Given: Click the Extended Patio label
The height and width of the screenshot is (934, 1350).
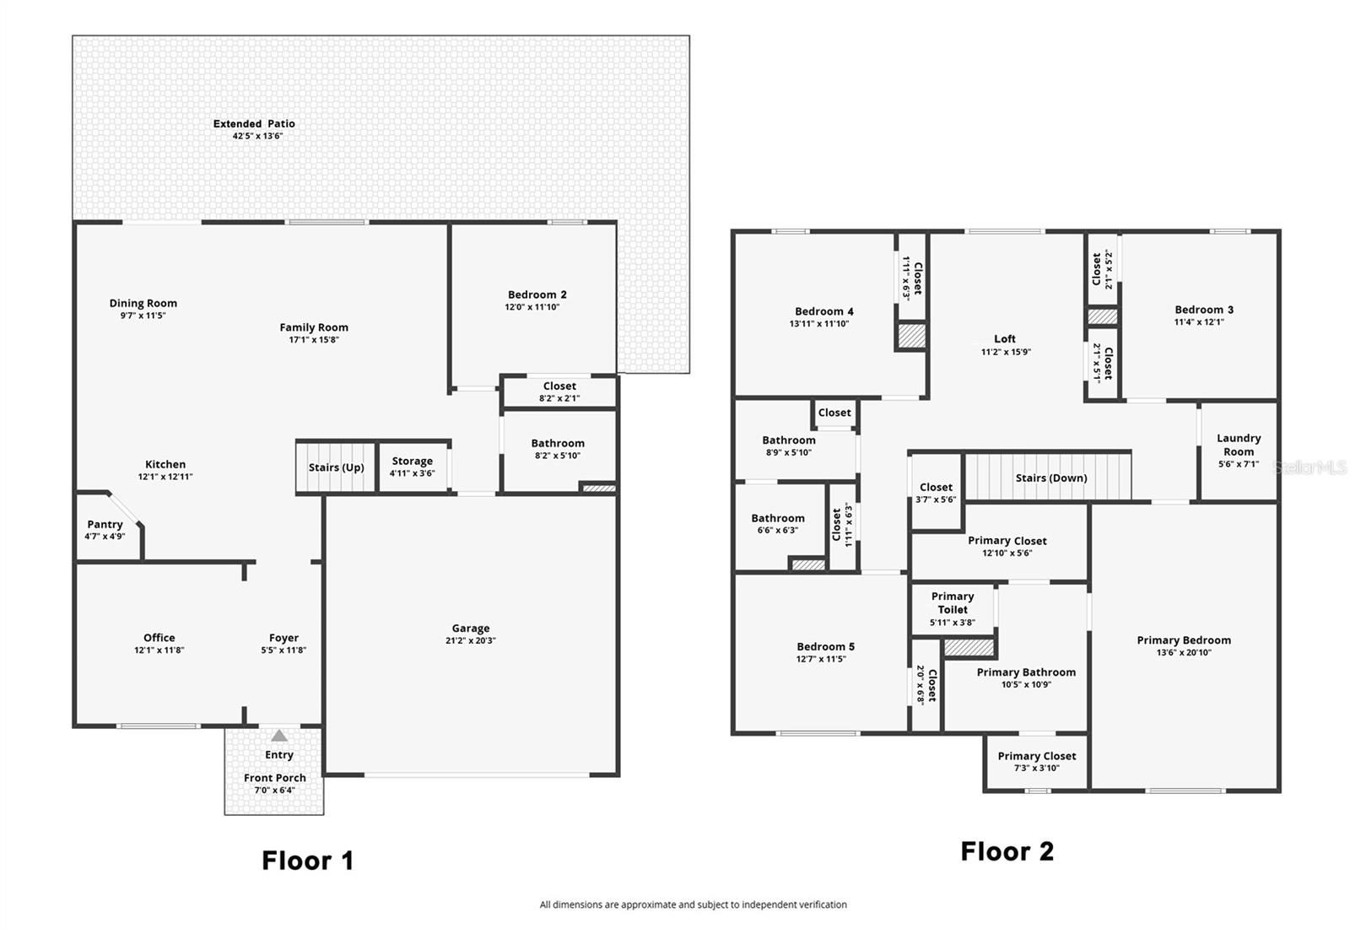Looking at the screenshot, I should point(254,124).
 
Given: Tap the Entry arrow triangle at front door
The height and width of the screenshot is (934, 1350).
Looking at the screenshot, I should point(279,736).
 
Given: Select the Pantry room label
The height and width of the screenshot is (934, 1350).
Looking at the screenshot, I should point(105,525).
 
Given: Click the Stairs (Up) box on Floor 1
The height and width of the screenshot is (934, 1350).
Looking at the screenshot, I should point(336,467).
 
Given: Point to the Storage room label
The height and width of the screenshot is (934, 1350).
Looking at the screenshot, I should point(412,462).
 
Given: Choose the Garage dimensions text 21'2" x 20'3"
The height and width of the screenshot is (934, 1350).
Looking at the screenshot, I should point(470,640).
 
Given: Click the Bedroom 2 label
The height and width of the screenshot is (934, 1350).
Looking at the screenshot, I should point(537,294).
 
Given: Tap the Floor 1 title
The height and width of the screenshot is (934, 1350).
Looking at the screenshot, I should point(307,861).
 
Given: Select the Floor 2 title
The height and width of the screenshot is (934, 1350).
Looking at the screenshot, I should point(1007,851).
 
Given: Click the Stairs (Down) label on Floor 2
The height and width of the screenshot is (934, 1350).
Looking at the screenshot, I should point(1050,478).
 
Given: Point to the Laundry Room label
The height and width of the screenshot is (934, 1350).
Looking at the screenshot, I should point(1238,445).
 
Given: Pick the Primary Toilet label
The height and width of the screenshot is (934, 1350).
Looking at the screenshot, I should point(952,602).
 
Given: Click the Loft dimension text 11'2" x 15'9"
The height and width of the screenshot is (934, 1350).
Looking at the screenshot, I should point(1006,352).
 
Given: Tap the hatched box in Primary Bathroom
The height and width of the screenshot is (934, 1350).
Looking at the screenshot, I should point(969,648).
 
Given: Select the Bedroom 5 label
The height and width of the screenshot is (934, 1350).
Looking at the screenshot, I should point(825,646).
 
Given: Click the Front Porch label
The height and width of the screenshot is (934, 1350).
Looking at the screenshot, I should point(275,778).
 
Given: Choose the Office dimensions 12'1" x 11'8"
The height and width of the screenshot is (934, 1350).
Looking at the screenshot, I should point(159,651).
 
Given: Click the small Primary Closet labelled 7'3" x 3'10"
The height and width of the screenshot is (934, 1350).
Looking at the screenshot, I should point(1036,761).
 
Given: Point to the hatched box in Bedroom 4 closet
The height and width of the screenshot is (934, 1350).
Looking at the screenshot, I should point(911,336).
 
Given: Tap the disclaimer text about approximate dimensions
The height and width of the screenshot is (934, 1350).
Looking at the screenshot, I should point(693,904).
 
